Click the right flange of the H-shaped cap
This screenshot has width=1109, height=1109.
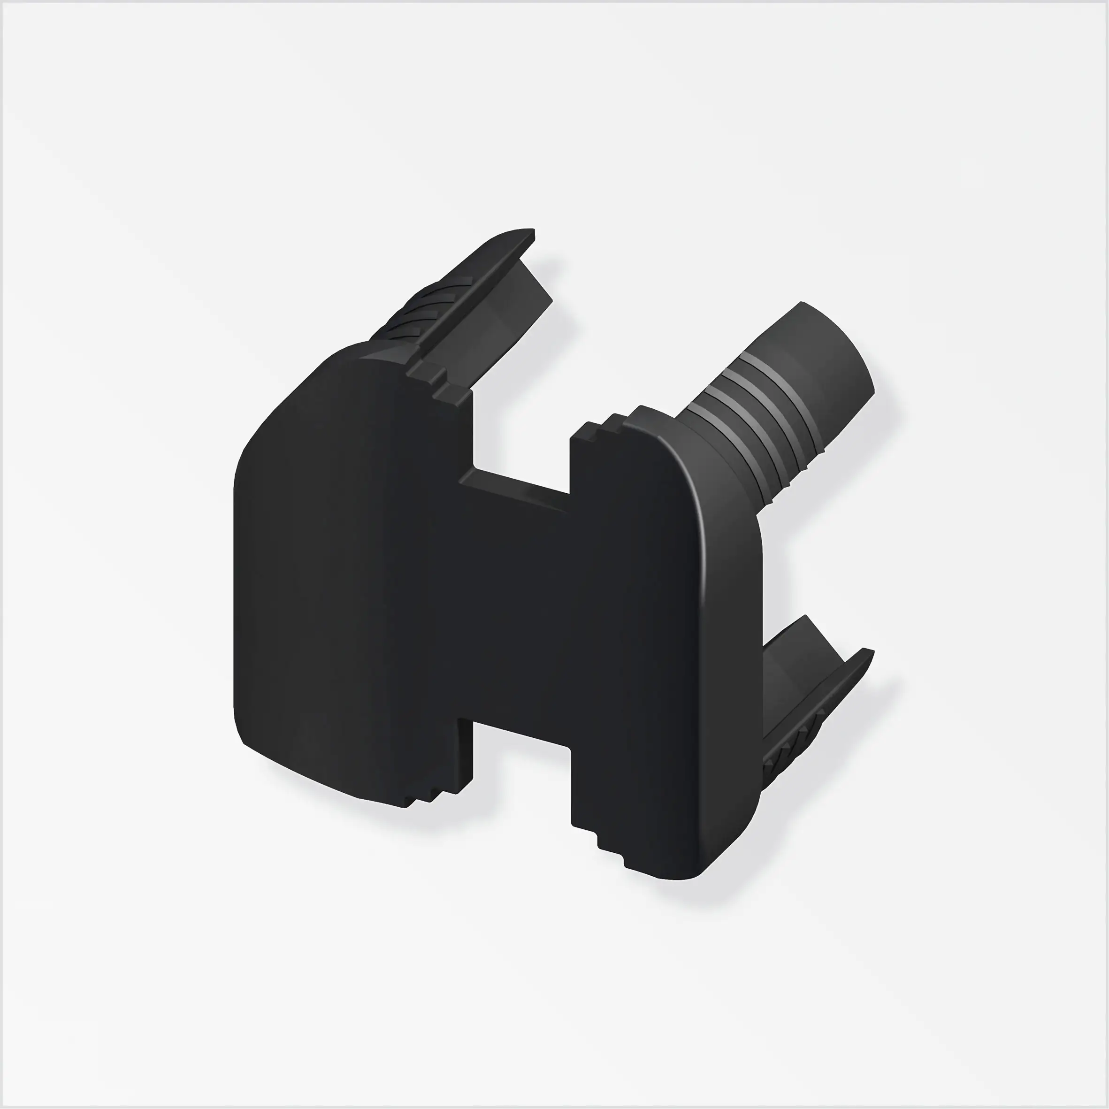tap(666, 649)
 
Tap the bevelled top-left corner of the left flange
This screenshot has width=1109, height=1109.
tap(275, 413)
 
